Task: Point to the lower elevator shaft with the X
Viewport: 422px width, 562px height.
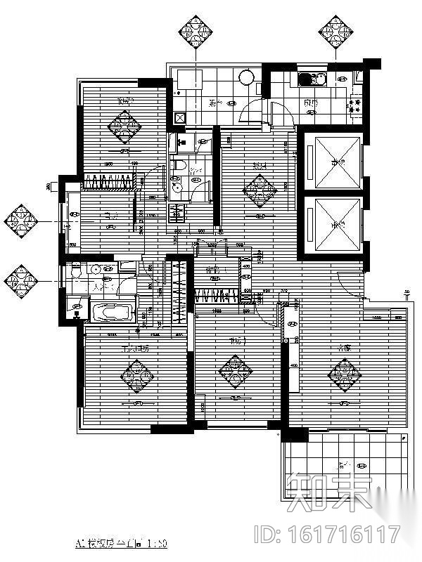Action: pyautogui.click(x=331, y=225)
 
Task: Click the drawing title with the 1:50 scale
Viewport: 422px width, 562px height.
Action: pyautogui.click(x=120, y=544)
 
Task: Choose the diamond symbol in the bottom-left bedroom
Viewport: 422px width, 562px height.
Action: pyautogui.click(x=136, y=377)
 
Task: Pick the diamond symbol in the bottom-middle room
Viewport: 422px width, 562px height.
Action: pyautogui.click(x=234, y=371)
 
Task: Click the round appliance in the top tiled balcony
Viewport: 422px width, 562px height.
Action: pyautogui.click(x=247, y=78)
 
